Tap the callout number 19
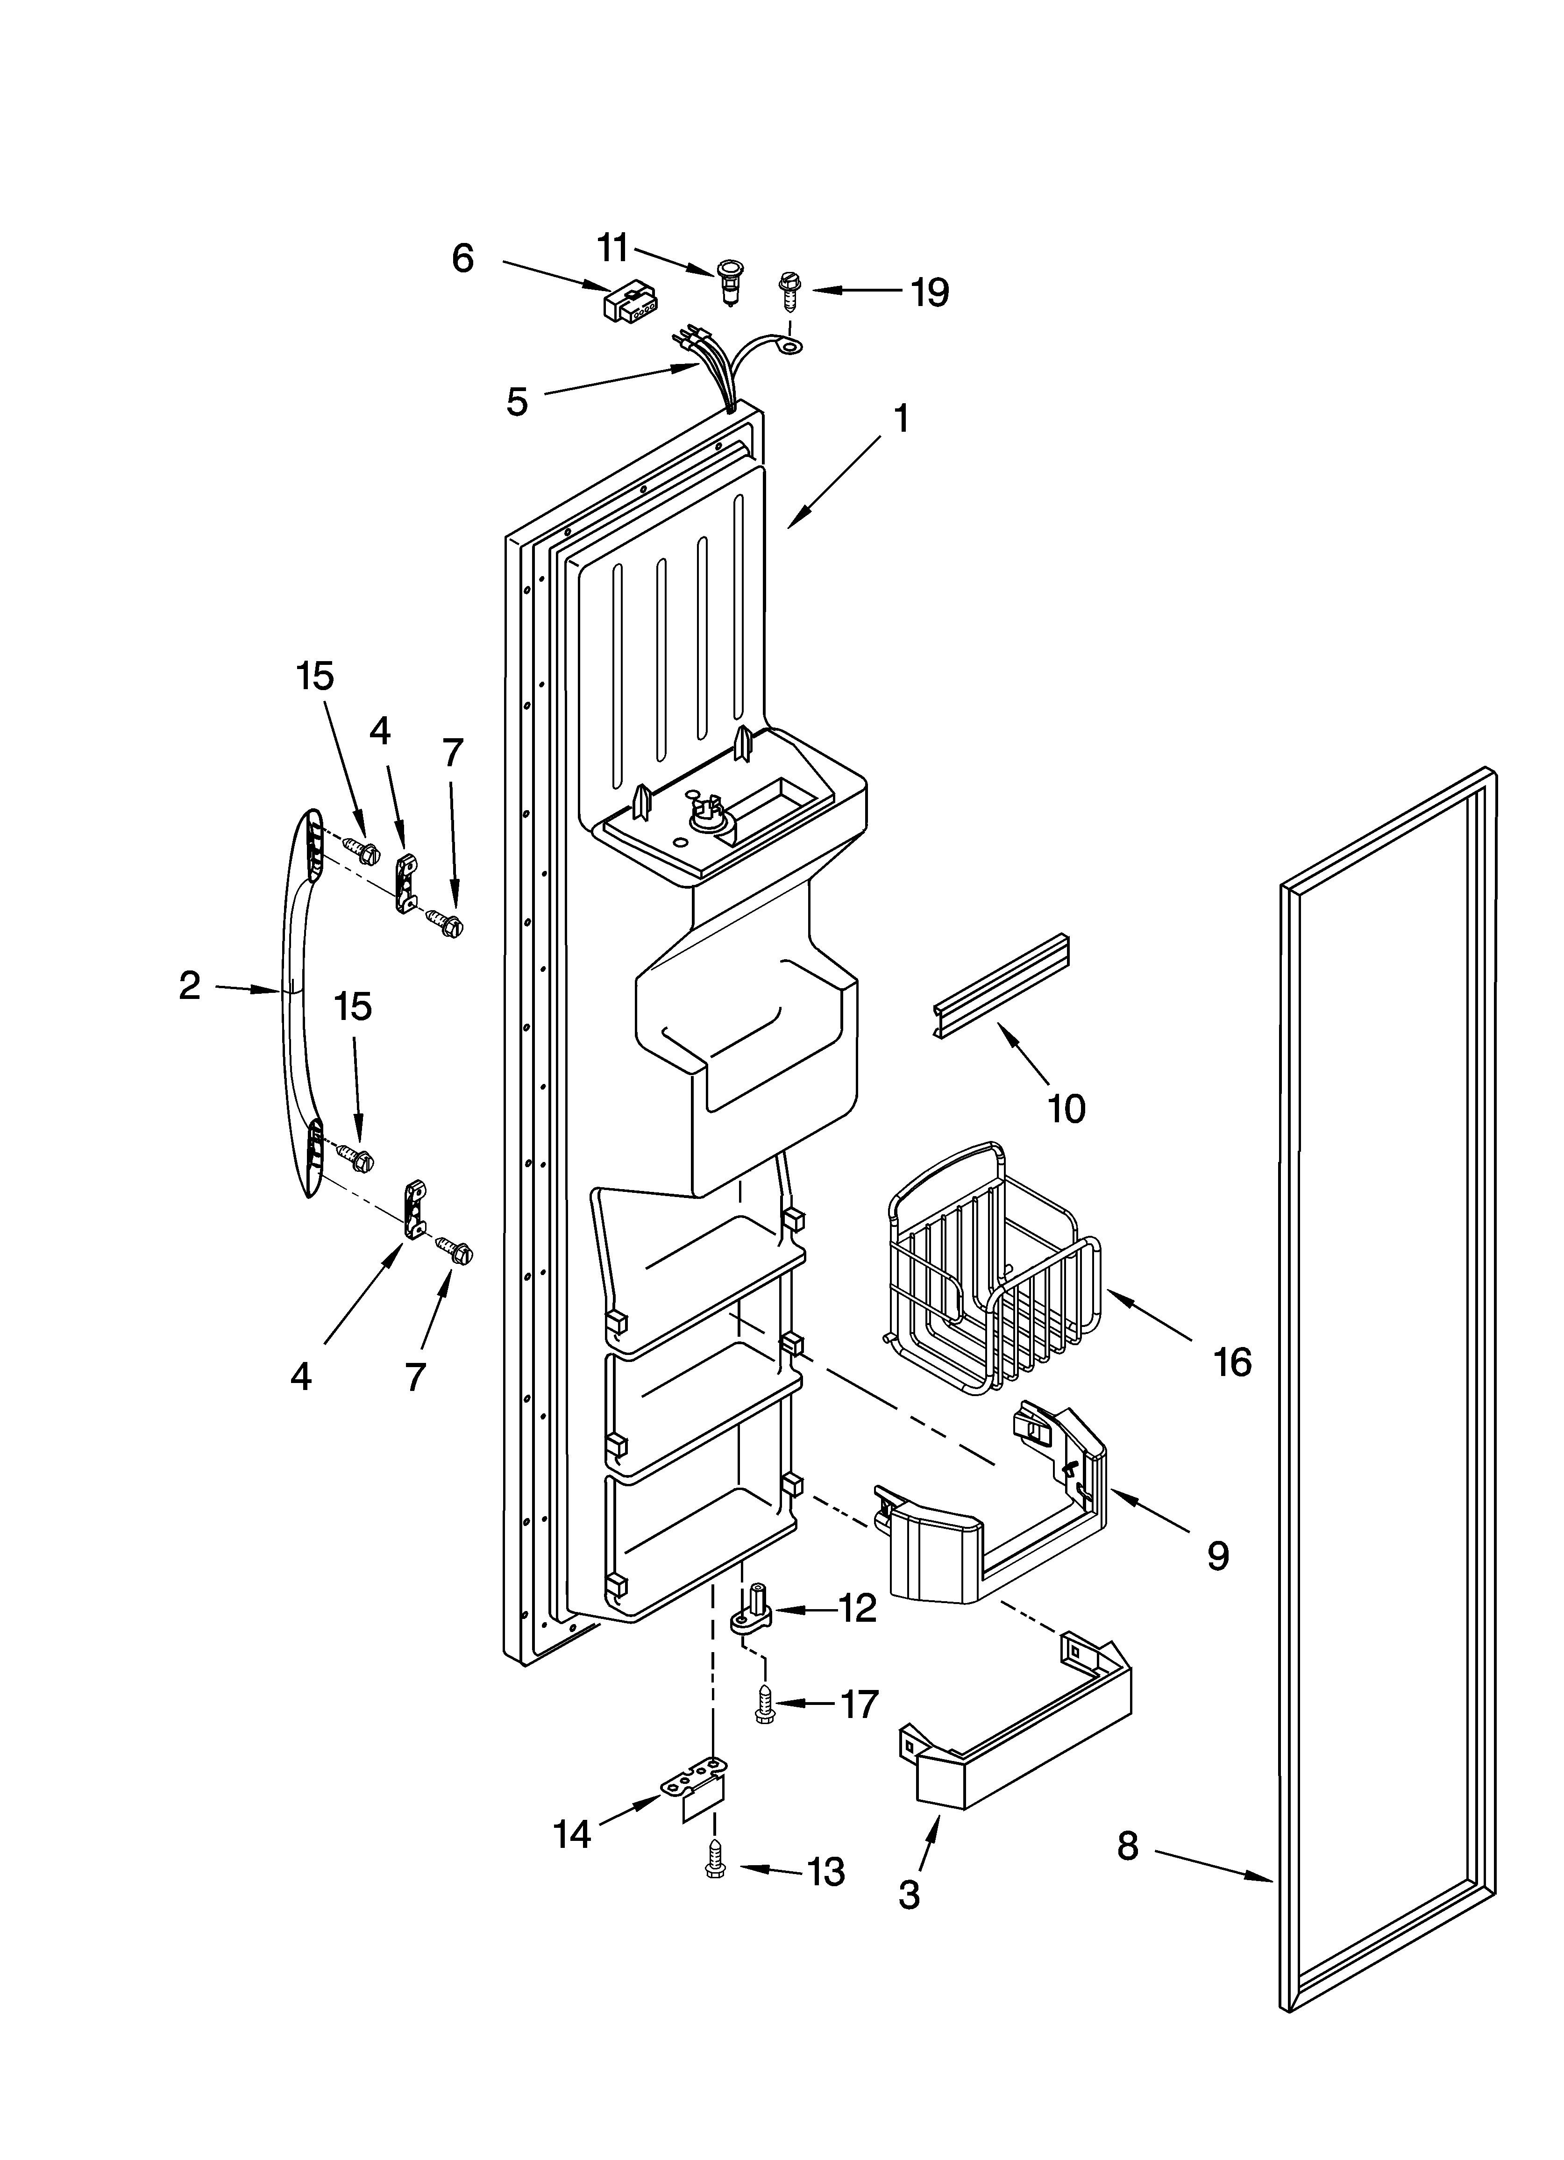[x=929, y=292]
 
